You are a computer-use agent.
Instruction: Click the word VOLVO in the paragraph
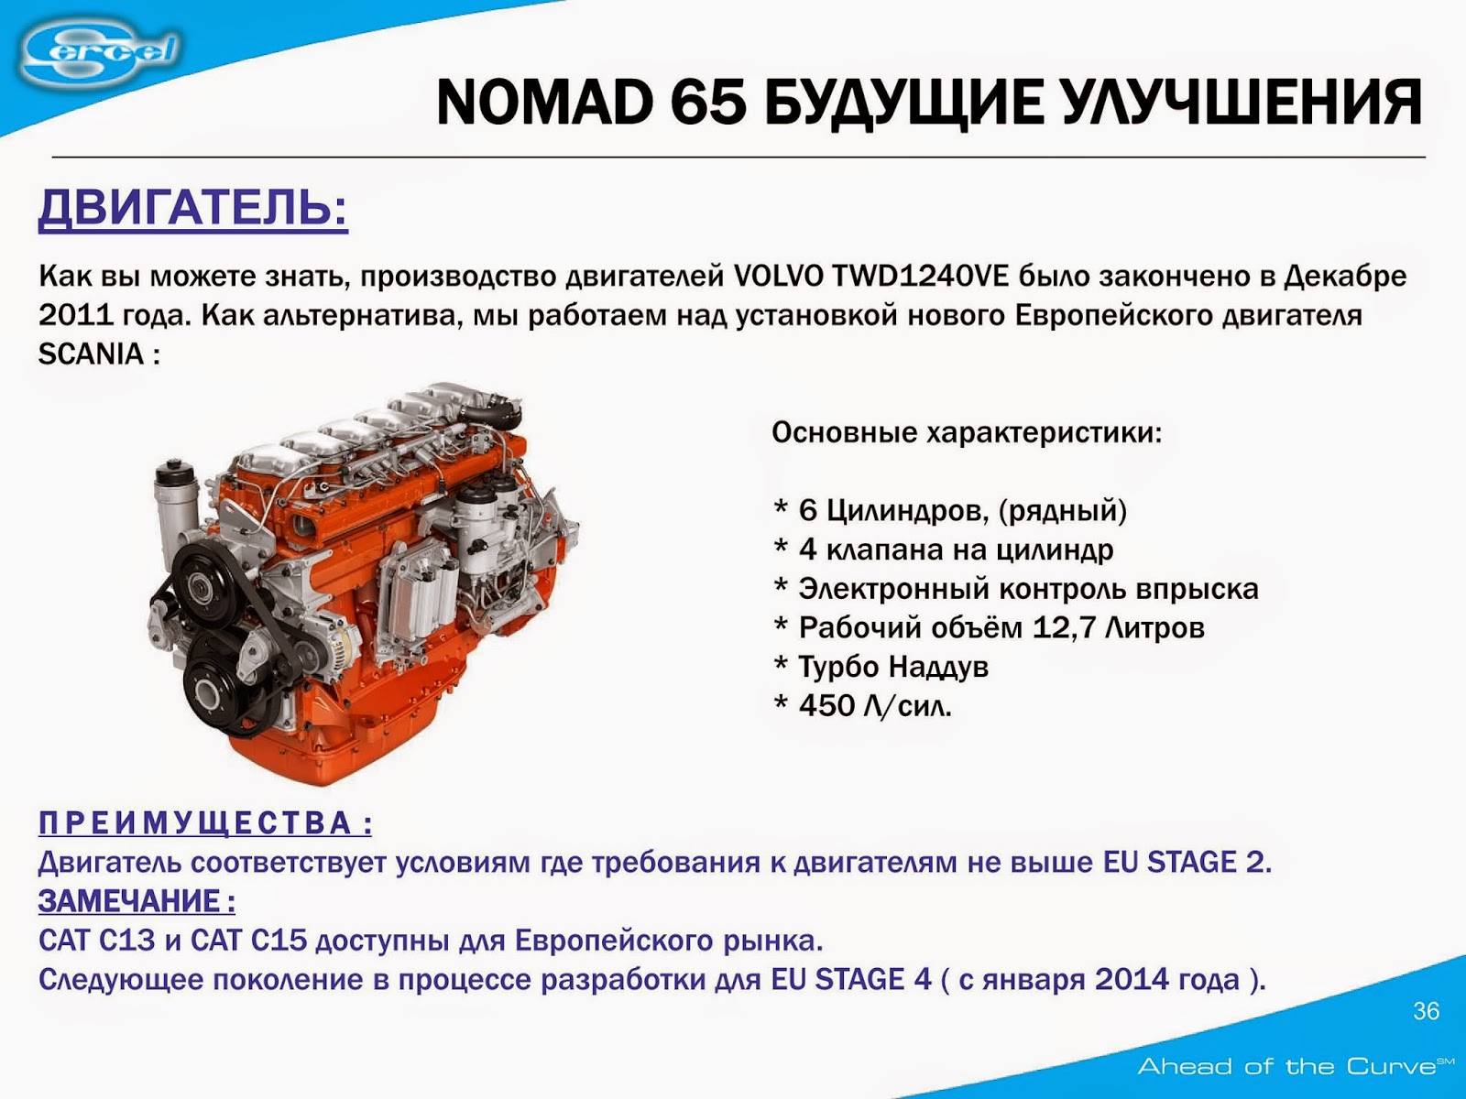[779, 276]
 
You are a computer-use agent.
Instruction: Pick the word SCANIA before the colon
[91, 354]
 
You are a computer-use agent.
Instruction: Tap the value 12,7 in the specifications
[1064, 627]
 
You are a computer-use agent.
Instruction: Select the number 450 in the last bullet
[827, 706]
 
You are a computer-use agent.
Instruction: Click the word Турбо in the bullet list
[838, 667]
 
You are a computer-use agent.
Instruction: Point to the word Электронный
[892, 588]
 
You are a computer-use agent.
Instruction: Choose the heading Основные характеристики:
[967, 432]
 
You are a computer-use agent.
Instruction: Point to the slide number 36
[1427, 1011]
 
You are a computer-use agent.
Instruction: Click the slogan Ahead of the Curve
[1286, 1066]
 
